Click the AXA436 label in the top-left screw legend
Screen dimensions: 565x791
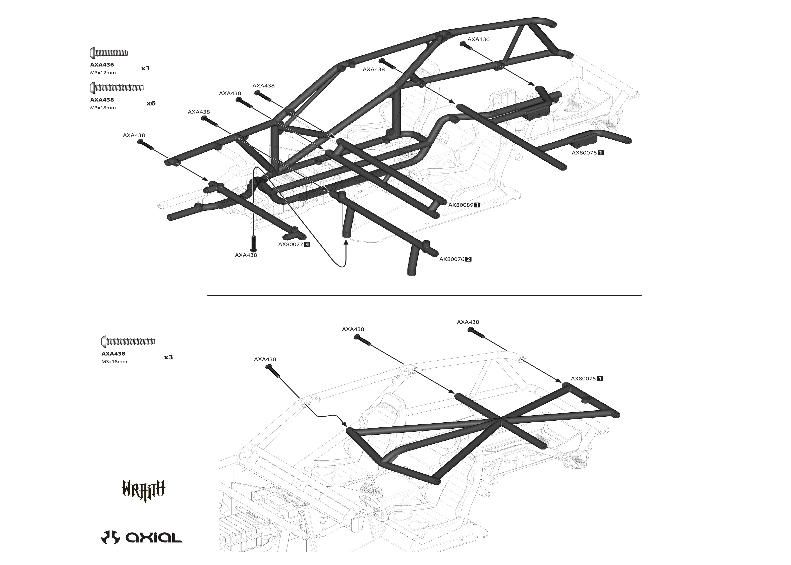(102, 65)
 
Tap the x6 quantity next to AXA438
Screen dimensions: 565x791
(151, 103)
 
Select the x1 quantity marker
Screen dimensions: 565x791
(145, 68)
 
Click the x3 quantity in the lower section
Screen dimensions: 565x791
(168, 357)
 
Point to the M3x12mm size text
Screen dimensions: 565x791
(103, 73)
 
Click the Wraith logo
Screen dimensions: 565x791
(143, 490)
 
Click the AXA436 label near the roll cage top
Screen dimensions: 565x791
(478, 39)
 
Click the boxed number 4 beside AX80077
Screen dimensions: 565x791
(307, 244)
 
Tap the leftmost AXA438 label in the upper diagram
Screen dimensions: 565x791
(134, 135)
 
